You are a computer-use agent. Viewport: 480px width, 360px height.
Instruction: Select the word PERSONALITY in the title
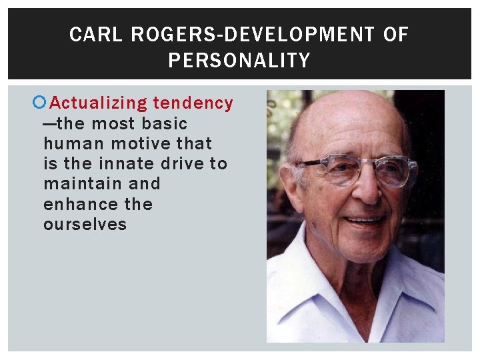pos(239,61)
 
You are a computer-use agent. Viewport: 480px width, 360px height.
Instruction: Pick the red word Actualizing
pos(98,103)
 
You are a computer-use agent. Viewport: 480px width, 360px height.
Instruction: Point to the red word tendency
pos(193,103)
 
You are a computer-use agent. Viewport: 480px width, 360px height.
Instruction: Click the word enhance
pos(73,204)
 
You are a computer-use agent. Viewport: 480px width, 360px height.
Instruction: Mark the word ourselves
pos(85,224)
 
